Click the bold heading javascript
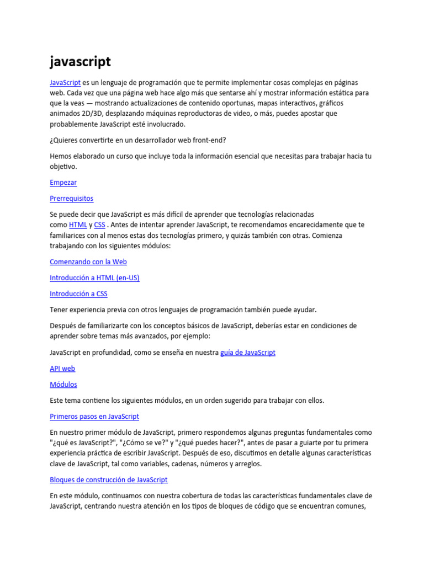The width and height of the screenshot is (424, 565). (80, 61)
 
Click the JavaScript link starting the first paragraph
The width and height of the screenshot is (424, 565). (65, 82)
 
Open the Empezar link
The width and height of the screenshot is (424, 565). (63, 182)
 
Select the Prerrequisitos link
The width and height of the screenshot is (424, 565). (71, 198)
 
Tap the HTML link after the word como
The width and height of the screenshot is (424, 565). (78, 225)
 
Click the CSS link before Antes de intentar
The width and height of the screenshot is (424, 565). (99, 225)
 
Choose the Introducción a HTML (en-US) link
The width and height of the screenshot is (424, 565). (94, 278)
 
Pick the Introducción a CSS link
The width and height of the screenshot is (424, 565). (78, 294)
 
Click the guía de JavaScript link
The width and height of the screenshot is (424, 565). (247, 352)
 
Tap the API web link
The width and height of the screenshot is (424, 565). (62, 368)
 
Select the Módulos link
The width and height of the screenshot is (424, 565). (63, 384)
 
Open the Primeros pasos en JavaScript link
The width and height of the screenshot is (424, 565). (94, 416)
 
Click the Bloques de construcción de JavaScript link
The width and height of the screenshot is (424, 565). (109, 479)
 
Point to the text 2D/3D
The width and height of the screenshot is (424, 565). (92, 114)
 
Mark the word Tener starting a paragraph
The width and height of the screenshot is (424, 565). (59, 310)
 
